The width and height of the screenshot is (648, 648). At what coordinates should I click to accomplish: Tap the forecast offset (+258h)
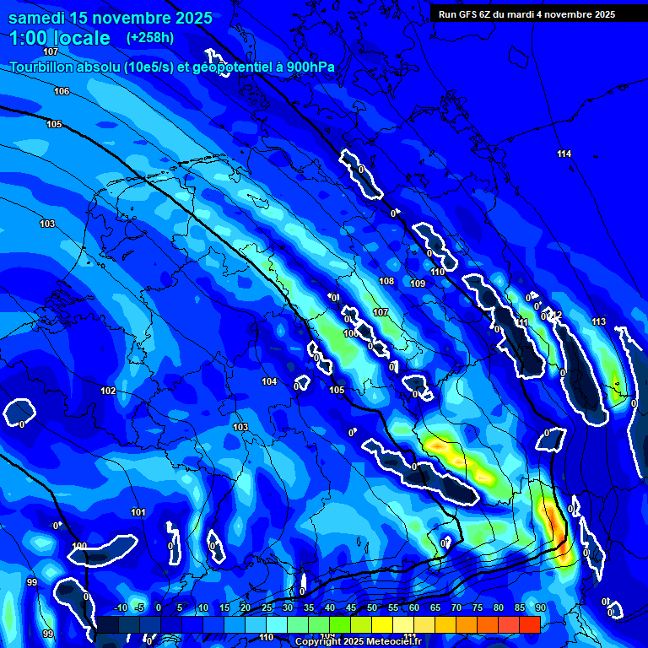point(150,38)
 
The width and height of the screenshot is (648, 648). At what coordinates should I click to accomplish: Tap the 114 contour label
point(564,154)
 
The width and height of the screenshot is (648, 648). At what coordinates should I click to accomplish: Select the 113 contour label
point(598,322)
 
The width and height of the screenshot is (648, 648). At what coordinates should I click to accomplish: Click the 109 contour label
point(418,283)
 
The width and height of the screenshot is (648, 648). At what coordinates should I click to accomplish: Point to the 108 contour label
point(386,281)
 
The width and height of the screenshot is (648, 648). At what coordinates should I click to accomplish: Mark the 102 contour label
point(108,391)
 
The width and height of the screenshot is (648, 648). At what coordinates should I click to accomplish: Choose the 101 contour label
point(138,512)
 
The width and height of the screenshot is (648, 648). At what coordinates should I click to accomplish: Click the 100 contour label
point(79,546)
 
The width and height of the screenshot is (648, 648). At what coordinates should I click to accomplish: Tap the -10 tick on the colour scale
point(121,608)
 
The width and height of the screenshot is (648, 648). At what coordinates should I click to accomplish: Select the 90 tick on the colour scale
point(540,608)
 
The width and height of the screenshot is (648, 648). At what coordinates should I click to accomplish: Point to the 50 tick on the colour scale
point(372,608)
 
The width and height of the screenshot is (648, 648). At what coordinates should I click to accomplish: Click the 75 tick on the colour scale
point(478,608)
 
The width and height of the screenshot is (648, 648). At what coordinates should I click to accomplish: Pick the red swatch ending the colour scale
point(530,624)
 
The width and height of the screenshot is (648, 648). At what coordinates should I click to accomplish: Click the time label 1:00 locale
point(59,38)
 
